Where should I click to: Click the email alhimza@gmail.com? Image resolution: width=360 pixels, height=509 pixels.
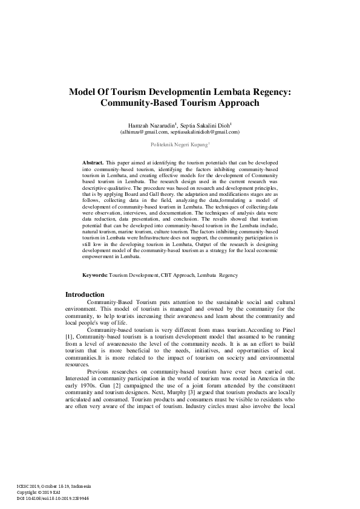point(144,131)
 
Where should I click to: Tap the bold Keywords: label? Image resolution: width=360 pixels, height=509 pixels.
point(95,275)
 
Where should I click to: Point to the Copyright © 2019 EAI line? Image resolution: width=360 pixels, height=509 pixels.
point(41,492)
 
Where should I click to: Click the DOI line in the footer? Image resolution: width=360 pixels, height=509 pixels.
point(53,498)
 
